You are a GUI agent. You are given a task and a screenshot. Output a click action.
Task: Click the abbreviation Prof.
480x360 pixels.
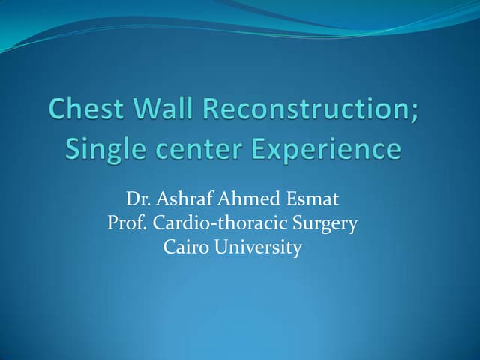click(126, 224)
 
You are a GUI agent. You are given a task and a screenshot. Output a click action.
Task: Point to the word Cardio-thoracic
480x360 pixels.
click(221, 224)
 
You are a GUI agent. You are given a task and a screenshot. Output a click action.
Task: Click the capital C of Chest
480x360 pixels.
click(59, 112)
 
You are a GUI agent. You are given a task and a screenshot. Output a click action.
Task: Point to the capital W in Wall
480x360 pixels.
click(147, 112)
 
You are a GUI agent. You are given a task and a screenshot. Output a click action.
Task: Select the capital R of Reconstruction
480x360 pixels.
click(214, 112)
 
